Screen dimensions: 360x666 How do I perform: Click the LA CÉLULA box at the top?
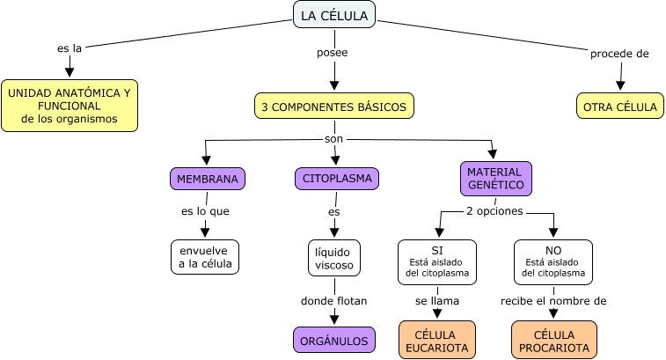(333, 15)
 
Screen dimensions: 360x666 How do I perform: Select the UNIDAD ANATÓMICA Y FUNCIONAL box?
(70, 106)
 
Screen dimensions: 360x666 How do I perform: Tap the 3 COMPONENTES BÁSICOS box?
(333, 107)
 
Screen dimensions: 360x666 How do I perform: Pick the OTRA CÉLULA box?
(620, 107)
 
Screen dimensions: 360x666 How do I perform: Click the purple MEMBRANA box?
(207, 179)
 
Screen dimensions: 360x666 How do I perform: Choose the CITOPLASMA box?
(337, 179)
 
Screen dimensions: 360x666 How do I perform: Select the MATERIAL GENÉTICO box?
(495, 179)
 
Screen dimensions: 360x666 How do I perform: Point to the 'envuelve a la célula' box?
(205, 256)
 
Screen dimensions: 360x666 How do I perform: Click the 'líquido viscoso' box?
(333, 257)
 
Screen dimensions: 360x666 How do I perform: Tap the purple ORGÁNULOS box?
(333, 340)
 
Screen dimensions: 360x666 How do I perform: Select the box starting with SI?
(437, 261)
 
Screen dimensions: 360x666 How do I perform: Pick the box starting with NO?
(553, 261)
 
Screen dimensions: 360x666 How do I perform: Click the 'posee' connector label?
(332, 53)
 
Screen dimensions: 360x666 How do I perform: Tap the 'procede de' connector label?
(618, 54)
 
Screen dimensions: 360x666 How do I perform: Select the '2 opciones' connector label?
(494, 211)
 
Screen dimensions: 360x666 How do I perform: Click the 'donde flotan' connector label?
(333, 300)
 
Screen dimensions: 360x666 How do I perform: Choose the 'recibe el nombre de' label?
(553, 300)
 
